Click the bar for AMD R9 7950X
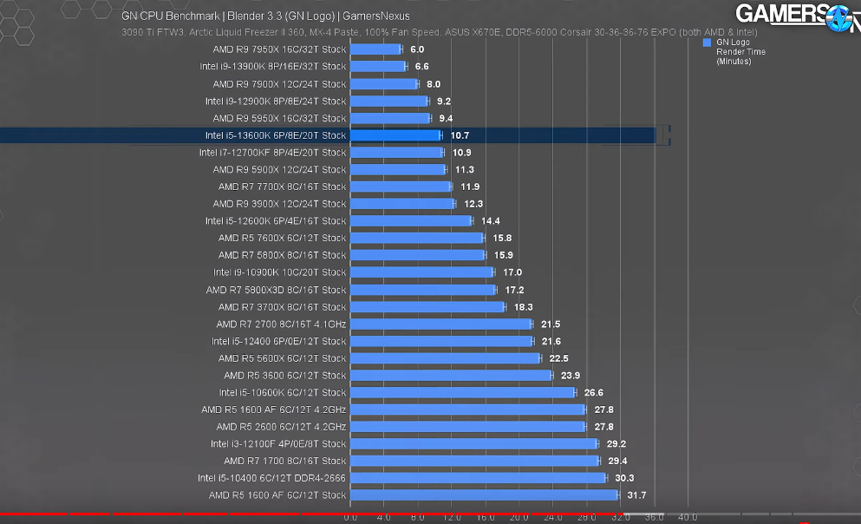click(x=375, y=49)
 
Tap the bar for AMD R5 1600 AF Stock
click(x=484, y=495)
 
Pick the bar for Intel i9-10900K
click(x=421, y=272)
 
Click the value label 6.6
click(x=421, y=67)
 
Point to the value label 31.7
click(x=636, y=495)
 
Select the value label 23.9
click(x=570, y=376)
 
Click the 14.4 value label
click(x=490, y=221)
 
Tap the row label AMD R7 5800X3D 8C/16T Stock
click(x=276, y=290)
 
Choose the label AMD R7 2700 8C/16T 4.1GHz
click(x=281, y=324)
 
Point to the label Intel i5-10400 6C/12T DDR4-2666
click(x=271, y=478)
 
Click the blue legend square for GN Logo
click(x=708, y=43)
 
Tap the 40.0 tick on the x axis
click(x=688, y=517)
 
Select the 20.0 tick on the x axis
click(x=519, y=517)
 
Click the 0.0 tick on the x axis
click(x=350, y=517)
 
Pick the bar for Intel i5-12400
click(x=441, y=341)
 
